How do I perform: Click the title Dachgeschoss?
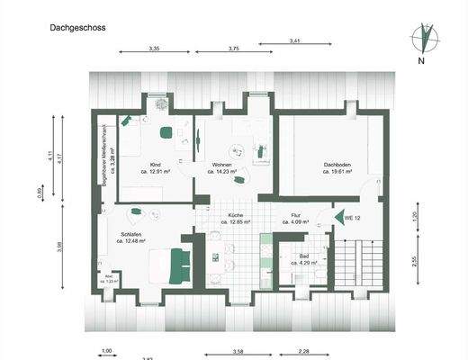click(77, 28)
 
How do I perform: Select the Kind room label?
click(155, 166)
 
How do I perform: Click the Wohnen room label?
click(222, 166)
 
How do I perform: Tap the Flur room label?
click(294, 216)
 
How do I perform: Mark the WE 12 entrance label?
click(353, 218)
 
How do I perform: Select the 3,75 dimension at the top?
click(234, 48)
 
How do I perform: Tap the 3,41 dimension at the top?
click(295, 40)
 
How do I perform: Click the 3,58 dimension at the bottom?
click(238, 350)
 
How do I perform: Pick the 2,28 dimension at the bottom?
click(304, 350)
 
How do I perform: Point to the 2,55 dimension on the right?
click(415, 262)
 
